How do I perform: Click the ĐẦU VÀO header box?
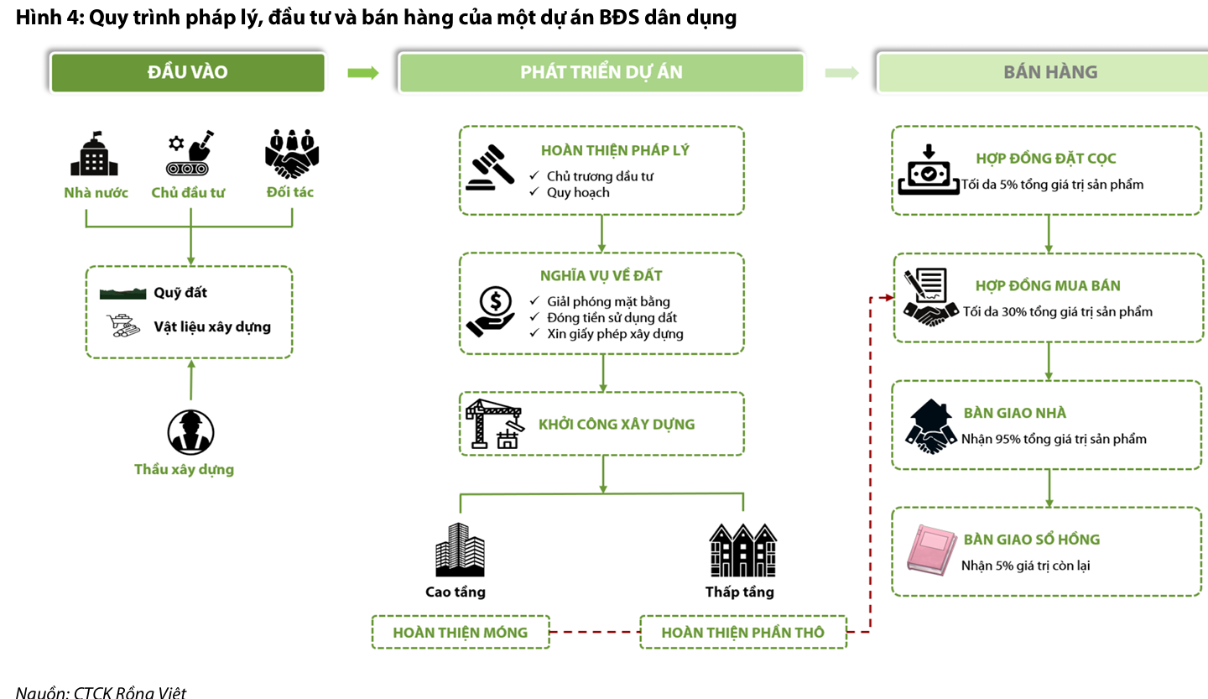[188, 72]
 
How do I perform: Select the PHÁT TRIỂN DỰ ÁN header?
[601, 72]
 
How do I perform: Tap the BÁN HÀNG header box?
[1050, 72]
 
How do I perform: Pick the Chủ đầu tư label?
[188, 193]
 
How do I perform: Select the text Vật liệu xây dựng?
[212, 326]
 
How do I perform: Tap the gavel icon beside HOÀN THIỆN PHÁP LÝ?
[492, 169]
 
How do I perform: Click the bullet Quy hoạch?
[578, 192]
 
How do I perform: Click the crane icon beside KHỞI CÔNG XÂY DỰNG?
[495, 423]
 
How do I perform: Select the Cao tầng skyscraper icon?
[460, 549]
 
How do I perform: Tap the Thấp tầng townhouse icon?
[742, 549]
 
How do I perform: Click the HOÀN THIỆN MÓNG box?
[461, 632]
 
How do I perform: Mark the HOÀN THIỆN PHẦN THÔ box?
[743, 632]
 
